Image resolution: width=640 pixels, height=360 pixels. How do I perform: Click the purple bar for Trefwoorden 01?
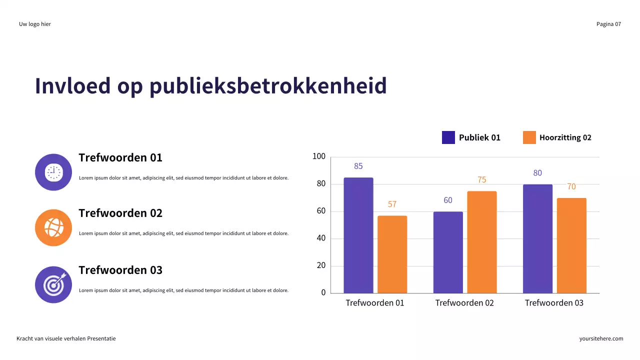coord(358,235)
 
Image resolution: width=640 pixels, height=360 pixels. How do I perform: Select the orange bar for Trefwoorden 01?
coord(392,254)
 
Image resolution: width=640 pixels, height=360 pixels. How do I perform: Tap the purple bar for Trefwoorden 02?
coord(448,252)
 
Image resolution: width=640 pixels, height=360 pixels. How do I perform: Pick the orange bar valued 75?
coord(482,242)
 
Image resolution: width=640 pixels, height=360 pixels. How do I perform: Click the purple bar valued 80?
coord(537,238)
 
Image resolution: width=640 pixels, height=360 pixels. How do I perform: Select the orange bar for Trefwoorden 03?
coord(571,245)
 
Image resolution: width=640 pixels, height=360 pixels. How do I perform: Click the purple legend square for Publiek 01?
coord(448,137)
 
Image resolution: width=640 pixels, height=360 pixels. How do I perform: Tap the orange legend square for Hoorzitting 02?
coord(529,137)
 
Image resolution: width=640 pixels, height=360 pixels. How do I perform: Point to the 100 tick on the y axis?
coord(319,157)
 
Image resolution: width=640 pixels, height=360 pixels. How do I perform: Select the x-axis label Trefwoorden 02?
coord(464,303)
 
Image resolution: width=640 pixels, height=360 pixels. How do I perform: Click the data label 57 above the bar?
coord(392,204)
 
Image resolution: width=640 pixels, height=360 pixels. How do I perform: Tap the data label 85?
coord(358,166)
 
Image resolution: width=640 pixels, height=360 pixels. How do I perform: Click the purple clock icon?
coord(53,172)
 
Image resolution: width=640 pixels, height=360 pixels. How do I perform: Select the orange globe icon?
coord(53,228)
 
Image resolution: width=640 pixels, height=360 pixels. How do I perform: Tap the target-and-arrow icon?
coord(53,284)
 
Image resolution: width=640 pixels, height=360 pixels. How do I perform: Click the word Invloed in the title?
coord(72,86)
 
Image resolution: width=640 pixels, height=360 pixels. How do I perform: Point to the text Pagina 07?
coord(608,24)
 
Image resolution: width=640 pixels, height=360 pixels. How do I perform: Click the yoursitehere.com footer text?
coord(601,338)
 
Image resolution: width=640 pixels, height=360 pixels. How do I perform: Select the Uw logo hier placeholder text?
coord(35,24)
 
